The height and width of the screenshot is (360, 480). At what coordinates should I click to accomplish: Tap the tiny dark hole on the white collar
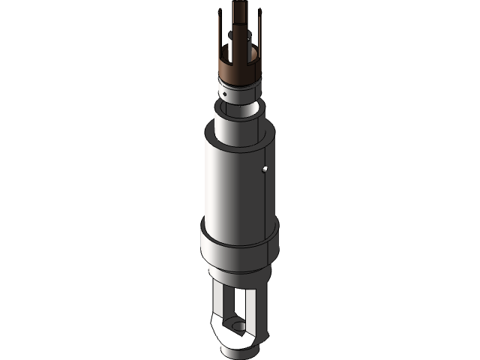click(x=224, y=94)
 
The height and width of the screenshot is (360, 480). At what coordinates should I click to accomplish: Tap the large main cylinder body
click(x=232, y=187)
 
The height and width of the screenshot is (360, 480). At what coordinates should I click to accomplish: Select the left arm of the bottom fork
click(x=218, y=307)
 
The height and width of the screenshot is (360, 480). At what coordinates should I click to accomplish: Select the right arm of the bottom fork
click(x=262, y=307)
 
